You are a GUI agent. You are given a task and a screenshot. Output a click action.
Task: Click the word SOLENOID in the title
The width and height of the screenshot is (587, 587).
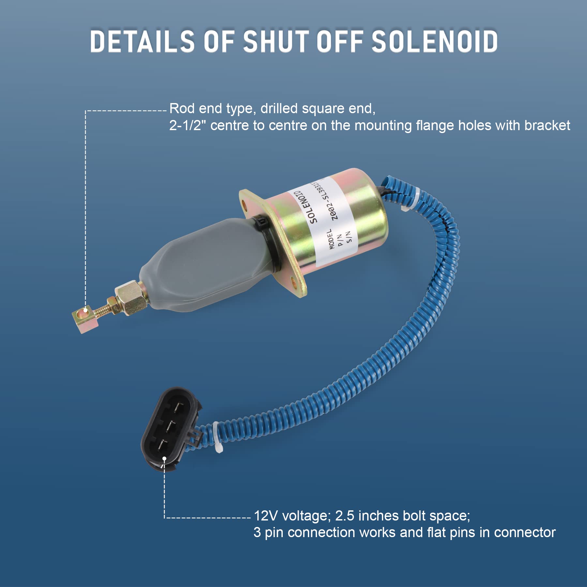coord(434,41)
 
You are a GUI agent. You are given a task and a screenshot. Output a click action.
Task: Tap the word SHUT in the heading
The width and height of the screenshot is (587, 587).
coord(276,41)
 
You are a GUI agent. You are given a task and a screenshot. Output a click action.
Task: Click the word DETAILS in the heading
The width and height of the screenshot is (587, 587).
coord(142,41)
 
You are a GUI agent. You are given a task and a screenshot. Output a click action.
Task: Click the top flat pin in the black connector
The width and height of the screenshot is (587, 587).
coord(179,407)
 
